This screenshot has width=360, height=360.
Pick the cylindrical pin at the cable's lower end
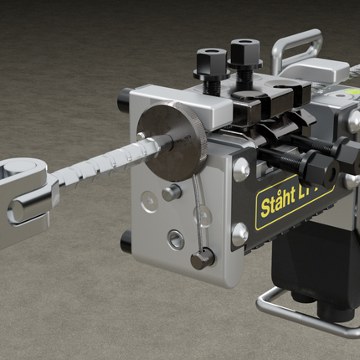[x=201, y=259]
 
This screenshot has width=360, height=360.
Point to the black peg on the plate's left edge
[x=126, y=242]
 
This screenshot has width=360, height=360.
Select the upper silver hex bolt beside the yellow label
[x=240, y=171]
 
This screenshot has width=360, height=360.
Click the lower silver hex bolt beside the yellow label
[x=239, y=234]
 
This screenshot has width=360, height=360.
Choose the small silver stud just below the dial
[x=172, y=192]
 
